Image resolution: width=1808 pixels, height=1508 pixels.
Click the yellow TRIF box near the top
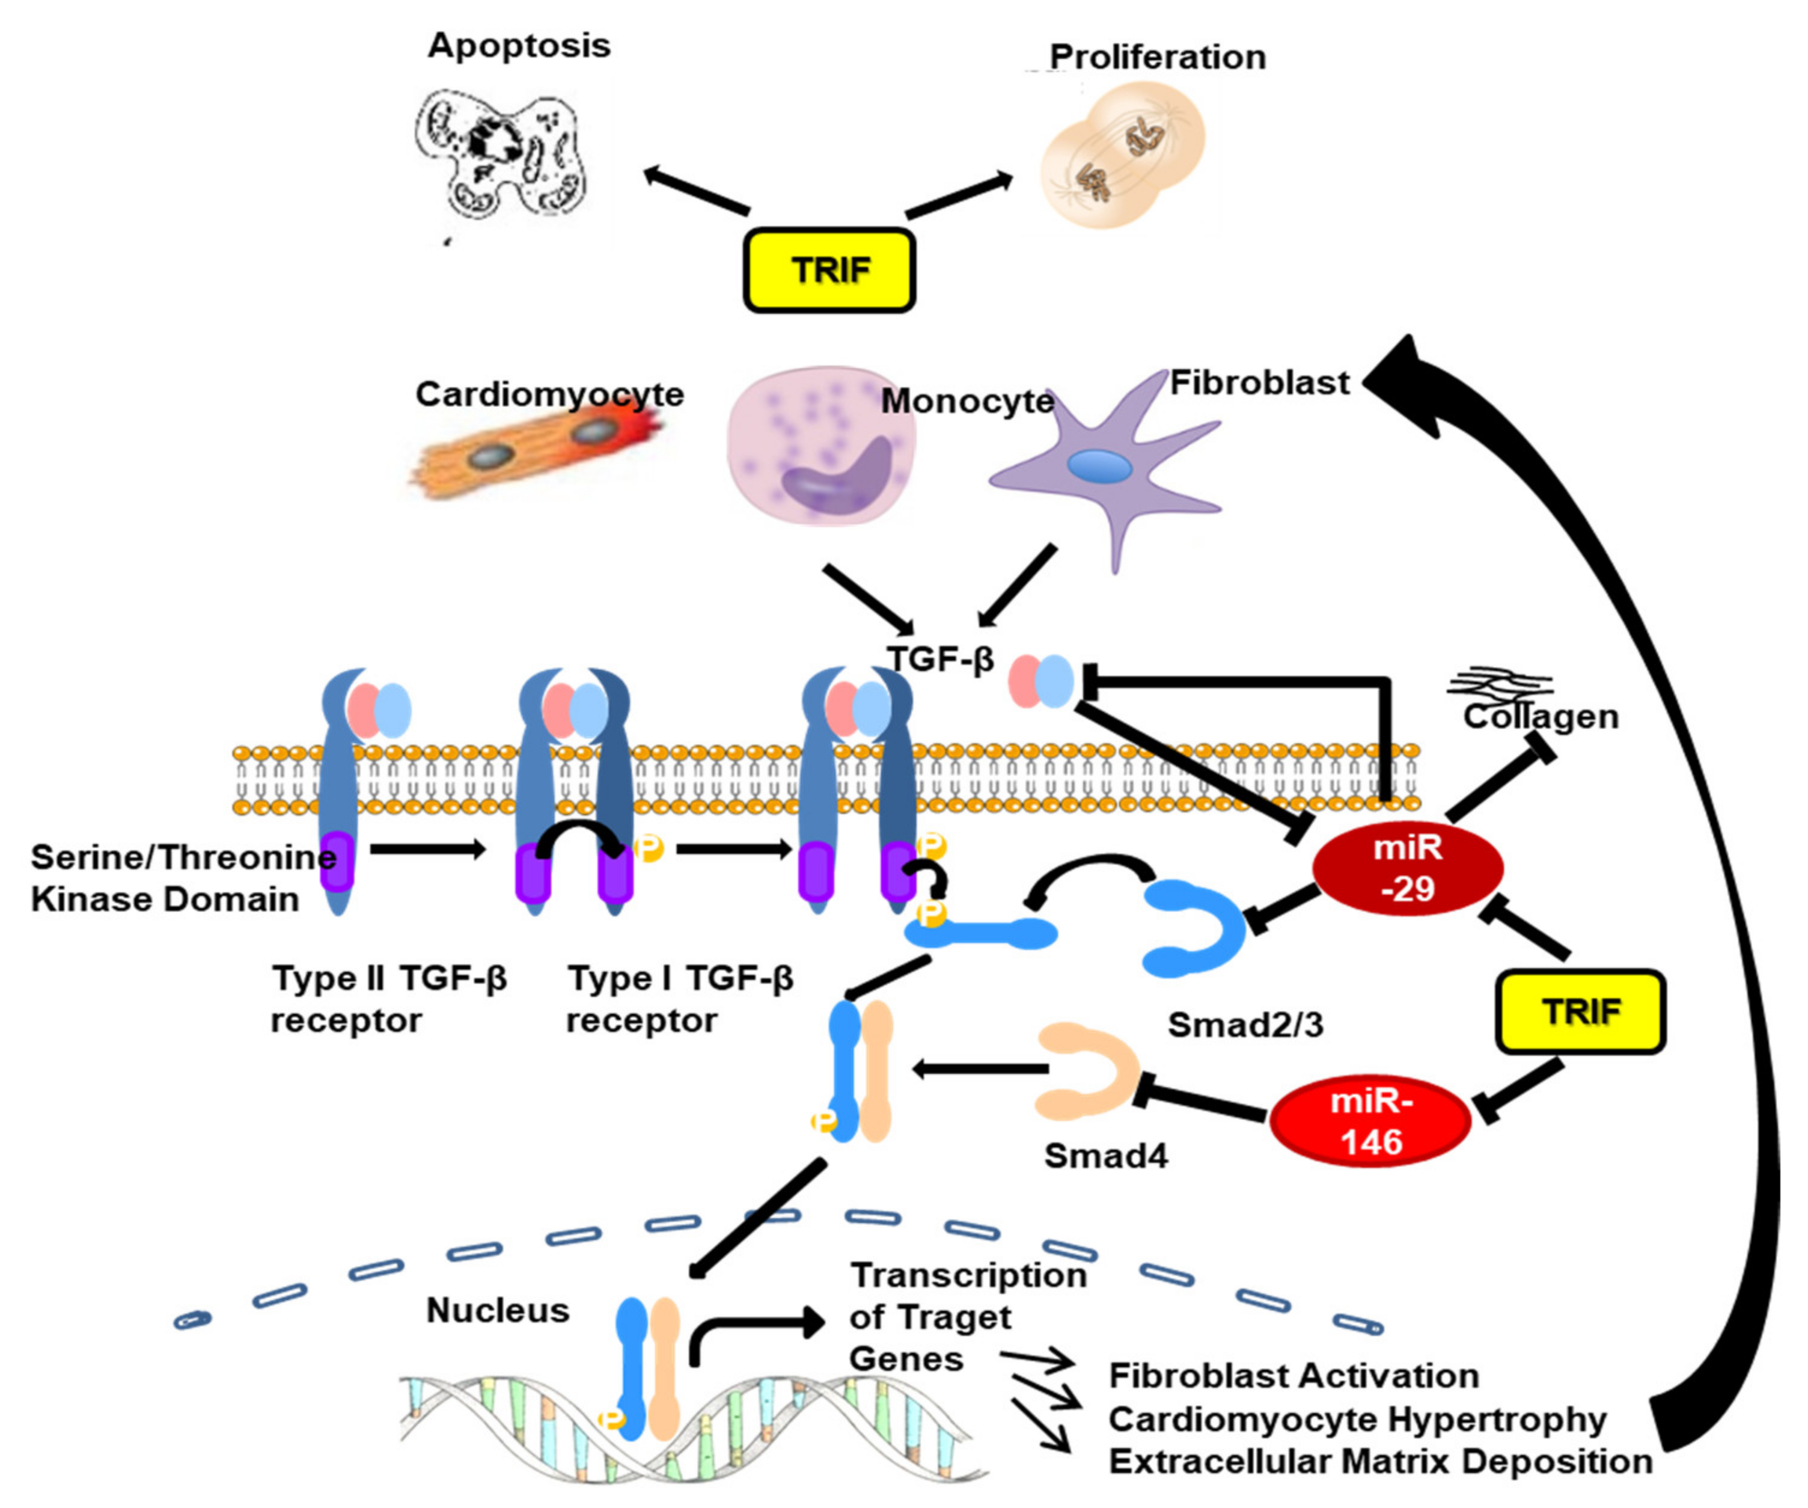pos(828,269)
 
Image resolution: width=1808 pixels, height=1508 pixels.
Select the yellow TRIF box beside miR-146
pos(1581,1011)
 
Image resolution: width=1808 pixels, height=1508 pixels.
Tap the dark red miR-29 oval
pos(1407,867)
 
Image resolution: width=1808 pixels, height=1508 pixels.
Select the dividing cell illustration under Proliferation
pos(1123,155)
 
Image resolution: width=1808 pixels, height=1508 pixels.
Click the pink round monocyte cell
pos(818,448)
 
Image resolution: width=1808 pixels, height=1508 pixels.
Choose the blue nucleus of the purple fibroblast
pos(1099,466)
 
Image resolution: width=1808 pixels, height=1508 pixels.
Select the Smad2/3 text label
pos(1245,1025)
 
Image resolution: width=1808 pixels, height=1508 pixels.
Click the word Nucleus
pos(498,1310)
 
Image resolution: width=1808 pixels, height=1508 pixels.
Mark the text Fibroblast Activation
pos(1293,1375)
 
